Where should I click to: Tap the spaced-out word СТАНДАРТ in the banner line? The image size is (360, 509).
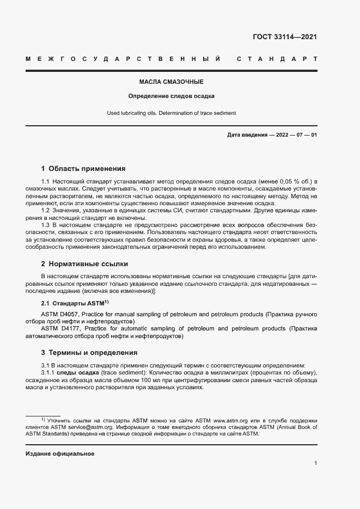tap(277, 58)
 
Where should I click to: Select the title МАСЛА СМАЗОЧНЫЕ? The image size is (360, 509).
tap(172, 82)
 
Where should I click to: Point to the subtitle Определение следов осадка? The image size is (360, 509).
tap(172, 96)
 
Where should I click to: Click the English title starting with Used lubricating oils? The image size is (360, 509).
tap(172, 113)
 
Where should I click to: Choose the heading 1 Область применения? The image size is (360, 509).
tap(83, 169)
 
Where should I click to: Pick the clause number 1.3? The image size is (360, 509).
tap(46, 225)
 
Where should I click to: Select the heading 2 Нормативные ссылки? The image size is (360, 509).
tap(84, 264)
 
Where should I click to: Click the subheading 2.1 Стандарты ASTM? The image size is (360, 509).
tap(75, 303)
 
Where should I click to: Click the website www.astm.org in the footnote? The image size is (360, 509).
tap(231, 421)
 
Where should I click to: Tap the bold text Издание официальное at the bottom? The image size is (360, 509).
tap(60, 453)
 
